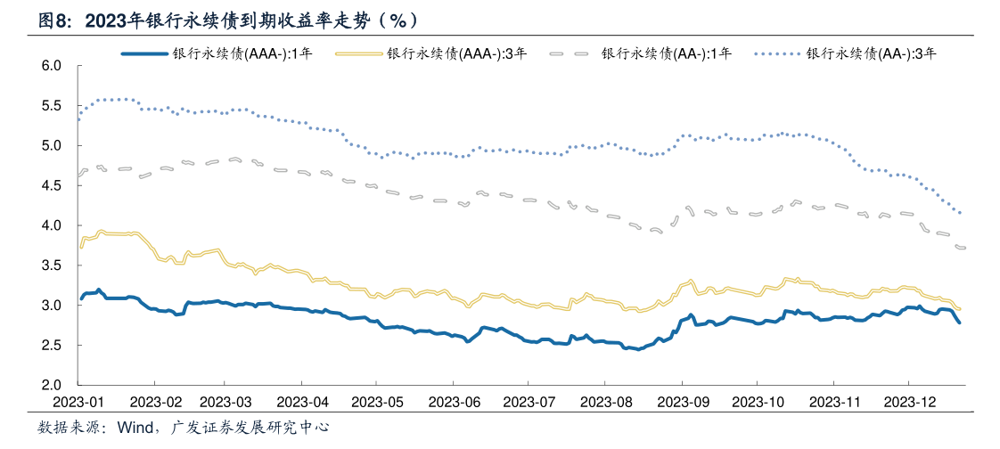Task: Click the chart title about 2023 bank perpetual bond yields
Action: click(x=228, y=20)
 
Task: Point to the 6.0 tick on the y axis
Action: click(x=51, y=66)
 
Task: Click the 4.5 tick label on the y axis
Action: click(x=51, y=185)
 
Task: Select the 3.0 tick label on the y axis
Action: click(x=51, y=306)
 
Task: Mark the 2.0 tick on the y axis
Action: click(x=51, y=385)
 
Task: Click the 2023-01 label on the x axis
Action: click(x=78, y=402)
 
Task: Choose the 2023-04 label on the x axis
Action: click(x=302, y=402)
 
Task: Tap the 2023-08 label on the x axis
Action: click(x=604, y=402)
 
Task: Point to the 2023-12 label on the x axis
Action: click(x=908, y=402)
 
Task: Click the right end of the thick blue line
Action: click(x=959, y=322)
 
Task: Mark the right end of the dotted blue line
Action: click(x=960, y=213)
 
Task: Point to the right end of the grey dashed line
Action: click(x=964, y=248)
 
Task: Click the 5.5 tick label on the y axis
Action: click(x=51, y=106)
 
